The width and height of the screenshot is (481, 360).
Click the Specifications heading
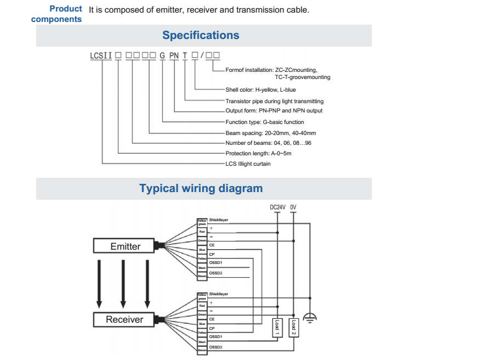click(201, 36)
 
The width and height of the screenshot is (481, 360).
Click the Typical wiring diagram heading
click(201, 189)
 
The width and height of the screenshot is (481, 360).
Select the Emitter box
click(125, 246)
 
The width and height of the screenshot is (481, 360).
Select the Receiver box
click(125, 319)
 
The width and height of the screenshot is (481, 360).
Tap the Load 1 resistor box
click(277, 327)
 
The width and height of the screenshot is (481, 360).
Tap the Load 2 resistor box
click(294, 327)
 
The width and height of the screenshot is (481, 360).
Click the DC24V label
click(278, 207)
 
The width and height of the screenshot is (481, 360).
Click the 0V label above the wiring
click(293, 207)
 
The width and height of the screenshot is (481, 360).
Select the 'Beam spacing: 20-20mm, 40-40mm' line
click(270, 133)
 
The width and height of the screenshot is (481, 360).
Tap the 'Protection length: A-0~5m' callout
click(258, 153)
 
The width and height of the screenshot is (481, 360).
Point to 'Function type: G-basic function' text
click(264, 122)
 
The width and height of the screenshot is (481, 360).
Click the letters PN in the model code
click(174, 55)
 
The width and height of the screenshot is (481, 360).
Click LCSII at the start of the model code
click(101, 55)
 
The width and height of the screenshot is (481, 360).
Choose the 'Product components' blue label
click(57, 14)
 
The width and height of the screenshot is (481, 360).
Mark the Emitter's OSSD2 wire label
click(216, 273)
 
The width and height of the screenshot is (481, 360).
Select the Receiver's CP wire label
click(212, 328)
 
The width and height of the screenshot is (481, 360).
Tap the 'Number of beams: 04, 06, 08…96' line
click(268, 143)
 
